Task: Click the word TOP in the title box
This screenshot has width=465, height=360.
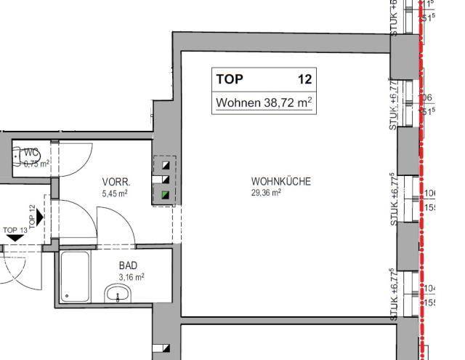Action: (230, 79)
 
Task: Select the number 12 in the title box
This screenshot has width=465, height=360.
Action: (305, 79)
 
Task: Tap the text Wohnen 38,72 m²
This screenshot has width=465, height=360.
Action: (264, 103)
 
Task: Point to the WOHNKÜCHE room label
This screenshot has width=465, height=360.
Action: (280, 181)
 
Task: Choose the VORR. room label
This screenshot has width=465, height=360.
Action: (115, 182)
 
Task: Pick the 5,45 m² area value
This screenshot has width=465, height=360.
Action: (115, 193)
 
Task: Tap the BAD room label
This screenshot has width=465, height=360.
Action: (128, 265)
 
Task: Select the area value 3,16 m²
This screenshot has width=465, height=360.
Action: (131, 277)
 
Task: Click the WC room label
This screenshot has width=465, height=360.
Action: (31, 153)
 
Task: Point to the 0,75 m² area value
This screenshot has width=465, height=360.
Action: (35, 164)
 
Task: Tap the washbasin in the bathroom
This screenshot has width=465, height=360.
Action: (118, 295)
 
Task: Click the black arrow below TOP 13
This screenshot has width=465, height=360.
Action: (13, 239)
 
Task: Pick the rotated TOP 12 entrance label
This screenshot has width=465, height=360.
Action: (31, 216)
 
